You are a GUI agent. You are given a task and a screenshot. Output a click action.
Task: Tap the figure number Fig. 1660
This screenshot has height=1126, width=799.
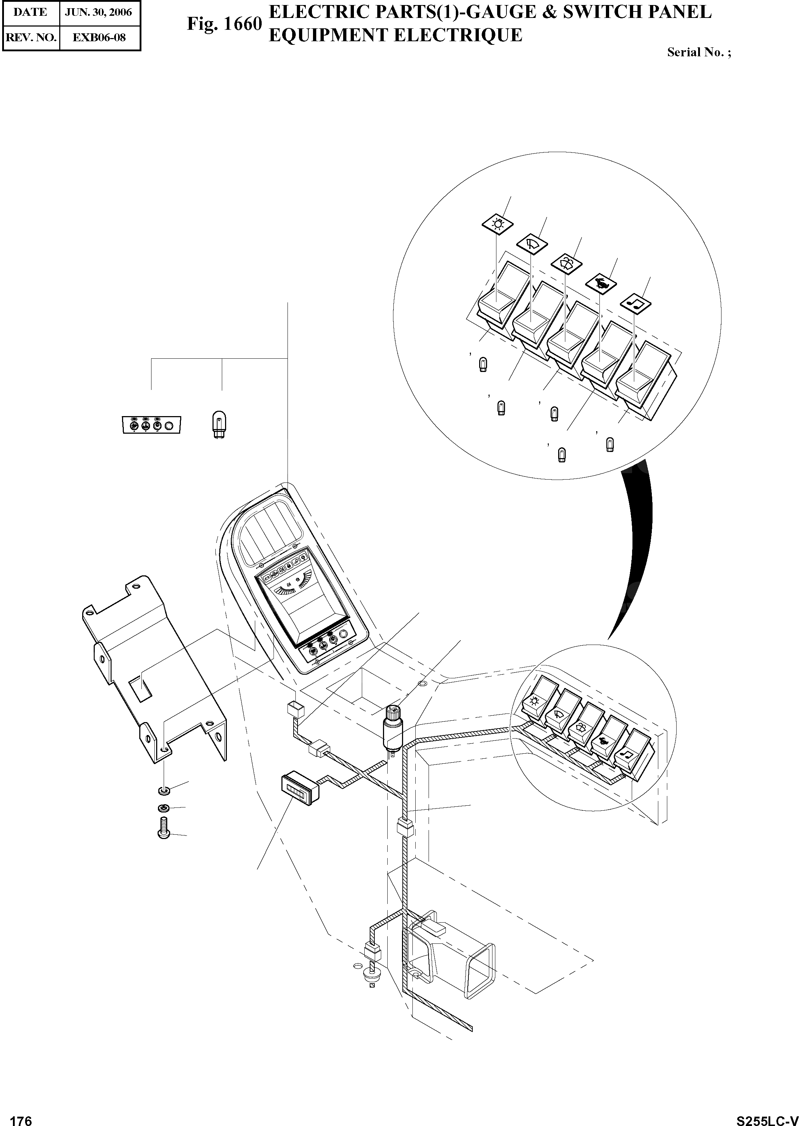(x=224, y=24)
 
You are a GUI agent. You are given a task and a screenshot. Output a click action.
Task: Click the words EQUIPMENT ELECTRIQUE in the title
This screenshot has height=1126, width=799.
(x=395, y=36)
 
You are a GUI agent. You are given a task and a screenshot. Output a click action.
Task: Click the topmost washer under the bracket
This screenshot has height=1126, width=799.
(x=164, y=791)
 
